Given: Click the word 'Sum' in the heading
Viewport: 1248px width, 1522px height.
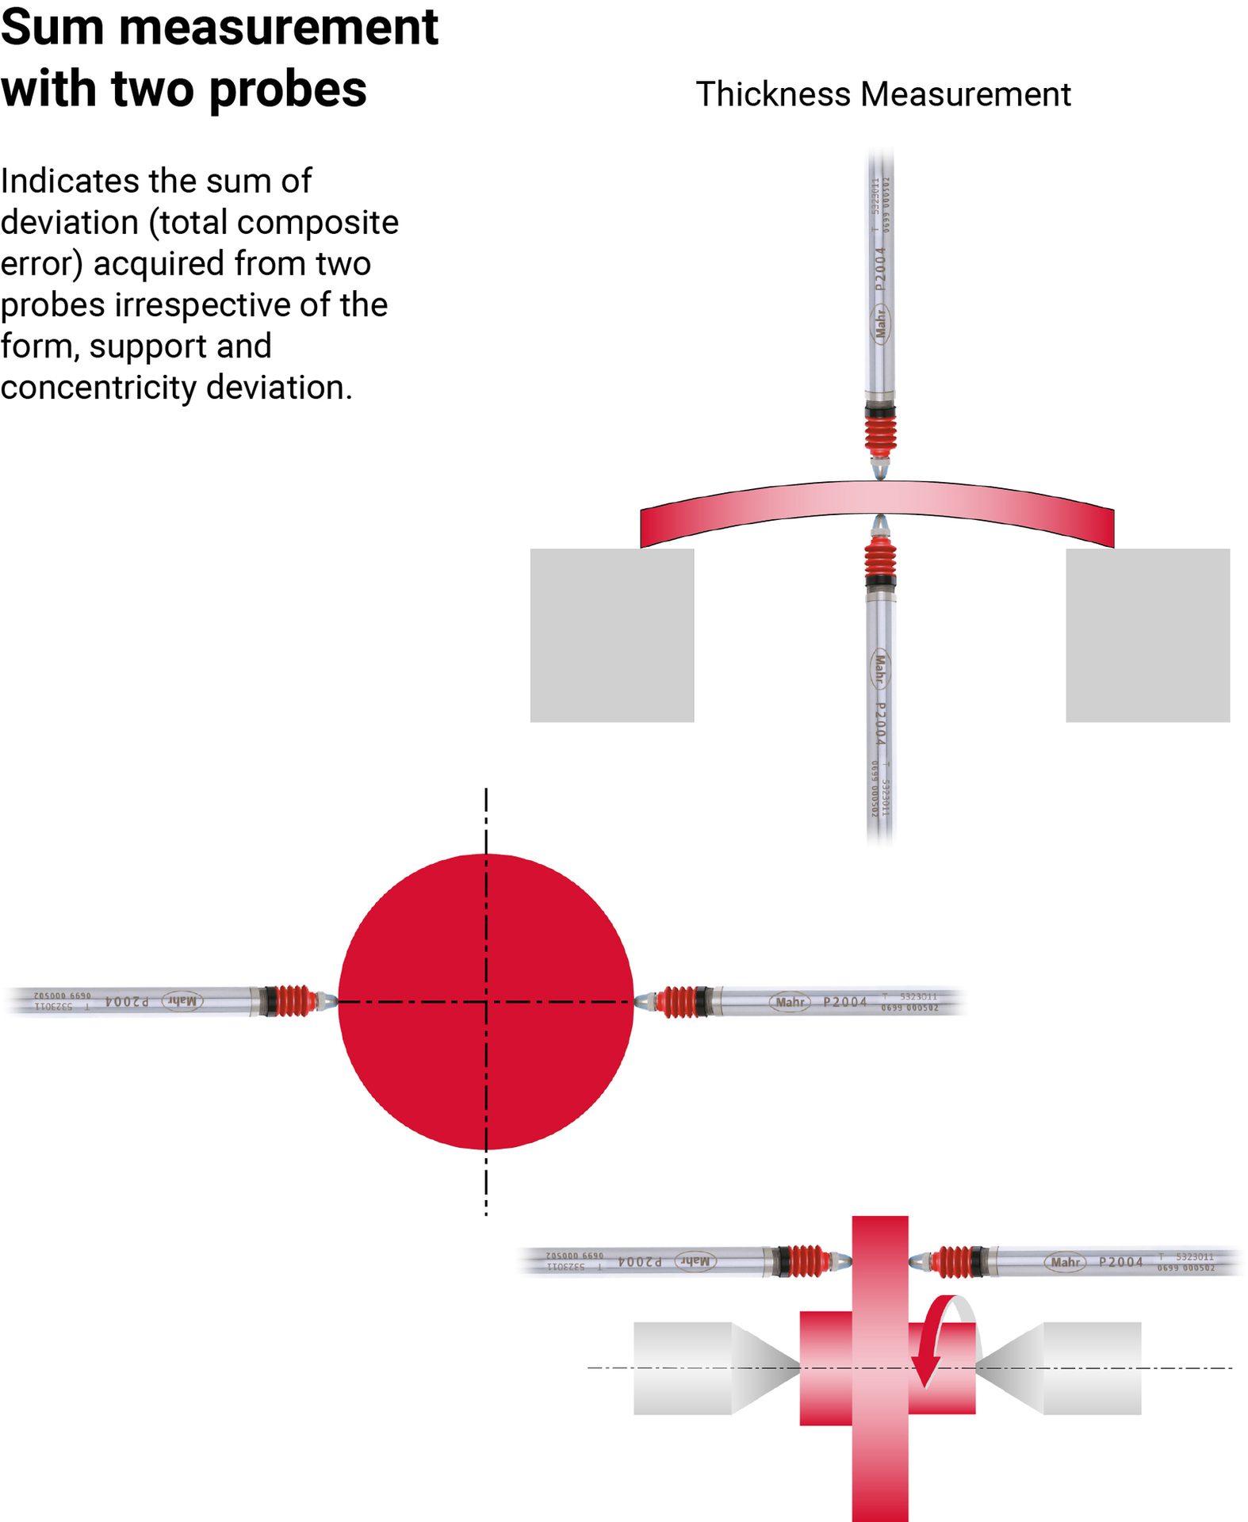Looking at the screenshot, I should tap(52, 28).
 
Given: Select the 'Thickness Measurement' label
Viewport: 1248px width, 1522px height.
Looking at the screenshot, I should tap(882, 94).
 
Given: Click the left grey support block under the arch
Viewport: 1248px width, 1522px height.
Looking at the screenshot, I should tap(611, 635).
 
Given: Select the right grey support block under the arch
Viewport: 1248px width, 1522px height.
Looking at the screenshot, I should tap(1147, 635).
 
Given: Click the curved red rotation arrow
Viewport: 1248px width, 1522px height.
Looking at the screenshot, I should tap(934, 1340).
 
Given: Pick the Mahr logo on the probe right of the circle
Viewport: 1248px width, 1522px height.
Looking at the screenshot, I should tap(789, 1002).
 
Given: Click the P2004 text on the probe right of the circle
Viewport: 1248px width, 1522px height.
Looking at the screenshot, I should tap(844, 1002).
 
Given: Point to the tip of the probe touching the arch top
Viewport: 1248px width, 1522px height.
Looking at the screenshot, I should tap(880, 472).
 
